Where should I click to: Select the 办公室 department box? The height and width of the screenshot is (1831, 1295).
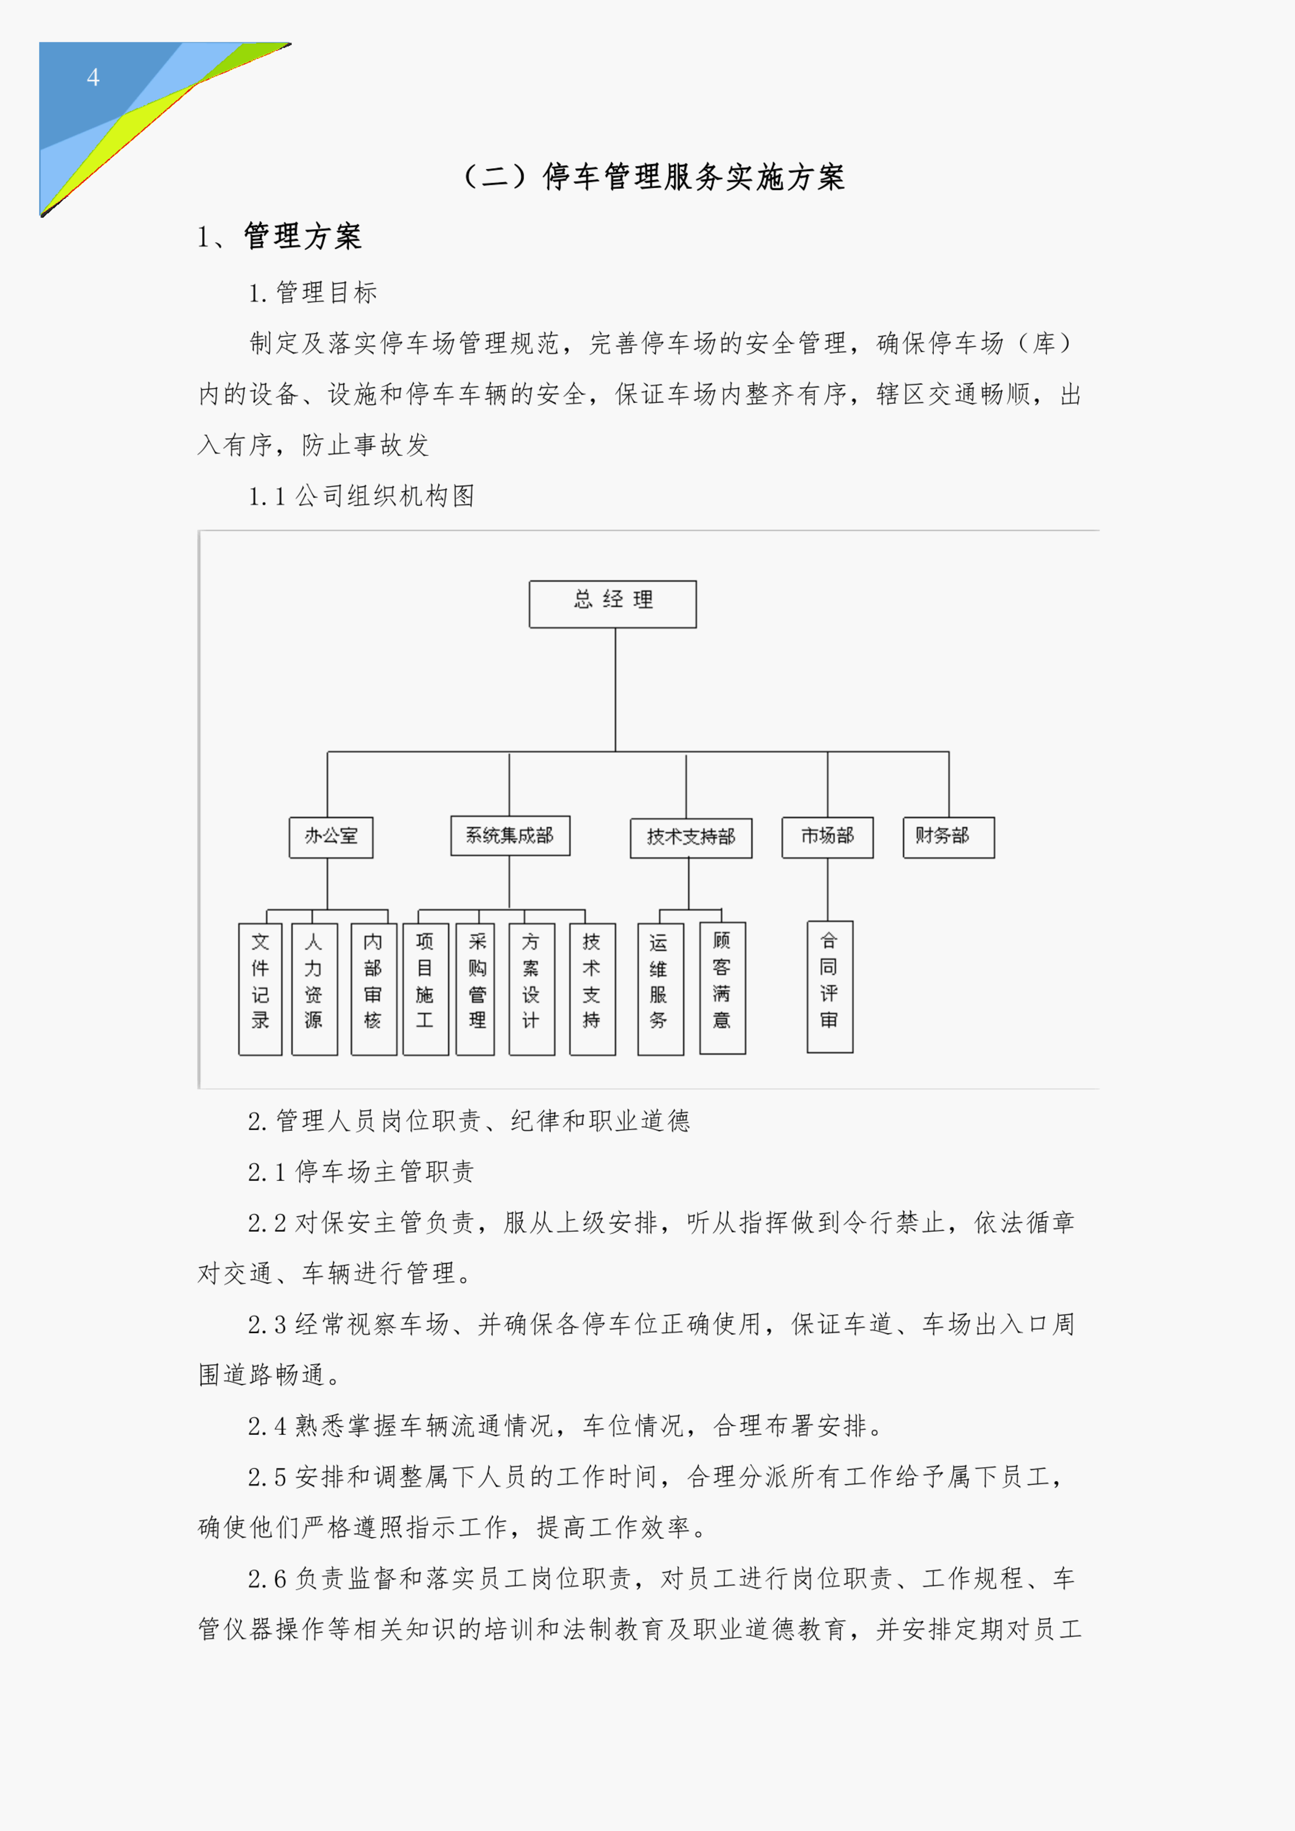331,837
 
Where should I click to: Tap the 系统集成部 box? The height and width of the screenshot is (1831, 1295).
510,835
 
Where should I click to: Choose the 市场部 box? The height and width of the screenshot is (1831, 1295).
828,837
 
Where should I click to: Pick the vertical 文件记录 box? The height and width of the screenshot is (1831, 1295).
260,989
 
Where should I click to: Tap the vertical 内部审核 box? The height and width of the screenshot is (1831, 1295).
374,989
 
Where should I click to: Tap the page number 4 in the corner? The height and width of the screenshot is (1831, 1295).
93,77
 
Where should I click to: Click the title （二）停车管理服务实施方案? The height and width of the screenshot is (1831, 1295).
654,176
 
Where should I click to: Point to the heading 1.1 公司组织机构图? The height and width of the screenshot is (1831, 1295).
361,496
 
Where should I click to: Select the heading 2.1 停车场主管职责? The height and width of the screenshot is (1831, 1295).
361,1171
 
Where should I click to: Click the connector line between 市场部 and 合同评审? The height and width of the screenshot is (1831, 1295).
828,889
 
